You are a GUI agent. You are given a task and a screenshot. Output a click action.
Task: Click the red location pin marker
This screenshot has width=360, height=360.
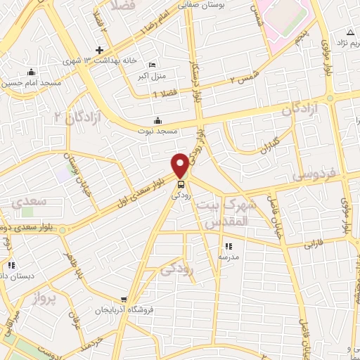[180, 165]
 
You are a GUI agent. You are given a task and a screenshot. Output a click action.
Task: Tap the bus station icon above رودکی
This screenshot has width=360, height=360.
[180, 185]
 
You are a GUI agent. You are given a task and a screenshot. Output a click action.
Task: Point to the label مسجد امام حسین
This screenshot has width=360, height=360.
[31, 83]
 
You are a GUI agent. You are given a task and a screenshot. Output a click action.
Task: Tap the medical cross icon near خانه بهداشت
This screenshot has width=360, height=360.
[100, 50]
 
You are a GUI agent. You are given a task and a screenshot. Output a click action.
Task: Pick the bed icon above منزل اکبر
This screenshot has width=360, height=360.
[153, 65]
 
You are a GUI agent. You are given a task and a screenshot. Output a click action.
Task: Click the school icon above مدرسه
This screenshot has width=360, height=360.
[229, 246]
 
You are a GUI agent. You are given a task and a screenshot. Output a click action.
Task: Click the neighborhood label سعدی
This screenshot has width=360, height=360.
[29, 202]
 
